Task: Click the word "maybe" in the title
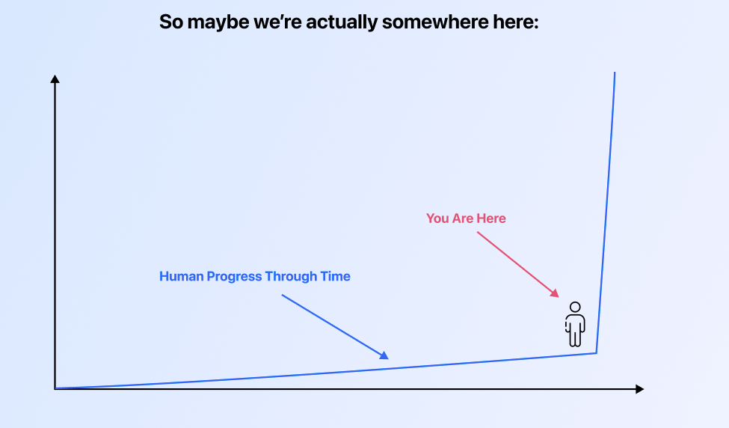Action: (x=218, y=22)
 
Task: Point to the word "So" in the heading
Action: (x=170, y=22)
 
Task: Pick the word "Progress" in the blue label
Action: (x=234, y=277)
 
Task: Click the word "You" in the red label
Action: (x=437, y=218)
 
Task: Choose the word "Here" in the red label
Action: (x=491, y=218)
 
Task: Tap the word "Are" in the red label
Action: (x=463, y=218)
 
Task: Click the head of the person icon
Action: (x=575, y=307)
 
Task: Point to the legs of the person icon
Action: (x=575, y=337)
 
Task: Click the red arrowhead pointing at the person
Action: (x=555, y=293)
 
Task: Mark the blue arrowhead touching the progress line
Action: (x=384, y=355)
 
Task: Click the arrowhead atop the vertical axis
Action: (x=55, y=79)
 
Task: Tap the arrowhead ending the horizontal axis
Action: (x=640, y=389)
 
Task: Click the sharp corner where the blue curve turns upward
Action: (x=597, y=353)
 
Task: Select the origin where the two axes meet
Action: (x=55, y=388)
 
